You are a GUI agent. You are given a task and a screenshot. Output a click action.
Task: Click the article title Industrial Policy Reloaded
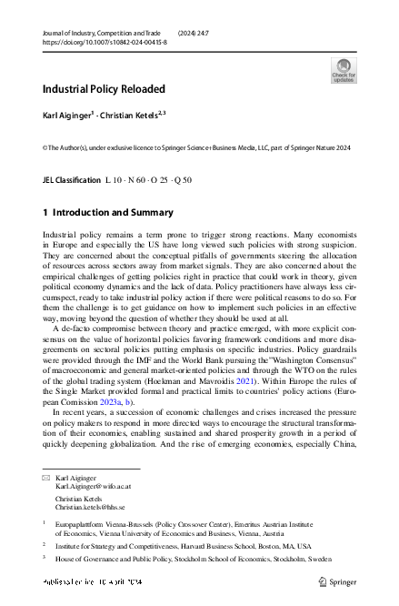(x=104, y=89)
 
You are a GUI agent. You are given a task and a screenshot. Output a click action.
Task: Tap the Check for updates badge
(x=344, y=69)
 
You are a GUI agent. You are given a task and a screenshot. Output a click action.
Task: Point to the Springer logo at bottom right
(x=339, y=579)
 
